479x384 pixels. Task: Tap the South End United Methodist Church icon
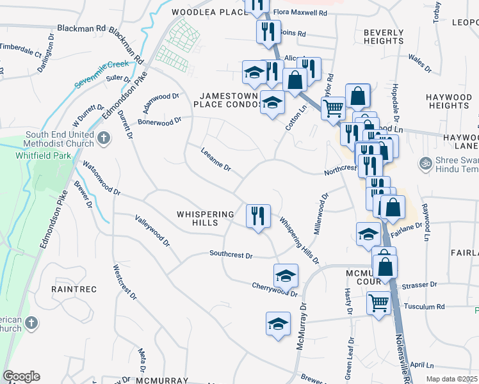pos(104,136)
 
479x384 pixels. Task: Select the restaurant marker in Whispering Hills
pos(258,215)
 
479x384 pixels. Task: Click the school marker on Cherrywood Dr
pos(286,275)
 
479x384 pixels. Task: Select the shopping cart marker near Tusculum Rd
pos(378,302)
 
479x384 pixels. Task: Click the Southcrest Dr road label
pos(231,255)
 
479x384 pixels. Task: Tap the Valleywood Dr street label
pos(152,231)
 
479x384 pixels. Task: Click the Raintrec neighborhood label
pos(74,289)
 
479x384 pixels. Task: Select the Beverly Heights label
pos(383,36)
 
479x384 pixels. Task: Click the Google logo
pos(21,376)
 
